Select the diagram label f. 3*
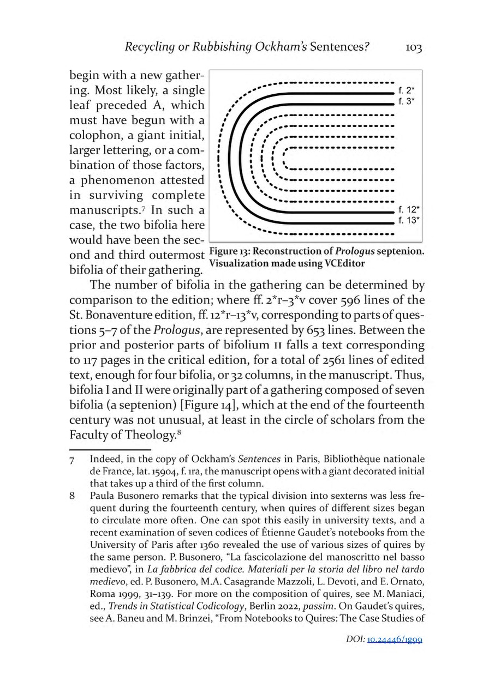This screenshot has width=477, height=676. click(407, 102)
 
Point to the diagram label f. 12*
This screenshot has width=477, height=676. click(408, 209)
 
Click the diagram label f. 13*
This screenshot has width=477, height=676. click(408, 220)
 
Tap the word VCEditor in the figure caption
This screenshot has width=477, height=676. click(341, 263)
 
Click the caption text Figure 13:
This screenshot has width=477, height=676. click(229, 252)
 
